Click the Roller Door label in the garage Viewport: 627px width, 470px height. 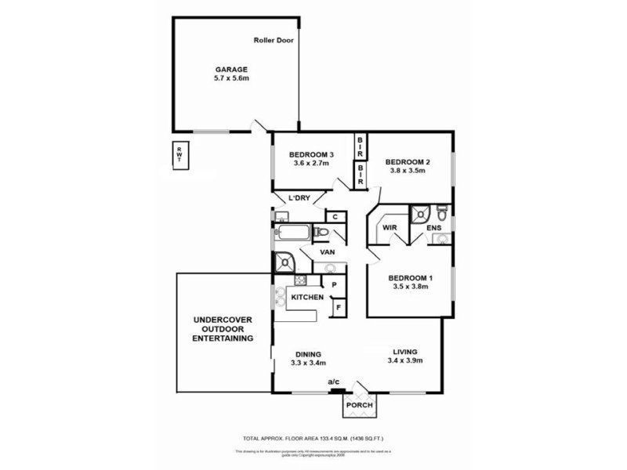point(274,40)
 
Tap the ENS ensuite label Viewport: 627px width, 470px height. point(433,229)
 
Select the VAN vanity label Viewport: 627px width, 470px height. point(329,252)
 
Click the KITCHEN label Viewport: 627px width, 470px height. point(307,298)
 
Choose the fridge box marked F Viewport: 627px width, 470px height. point(338,309)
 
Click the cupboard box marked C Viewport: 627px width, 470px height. point(334,217)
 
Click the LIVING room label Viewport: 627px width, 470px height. point(405,352)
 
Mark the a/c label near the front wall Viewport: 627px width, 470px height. point(335,381)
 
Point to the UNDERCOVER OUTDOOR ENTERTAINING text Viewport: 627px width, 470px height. point(224,330)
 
